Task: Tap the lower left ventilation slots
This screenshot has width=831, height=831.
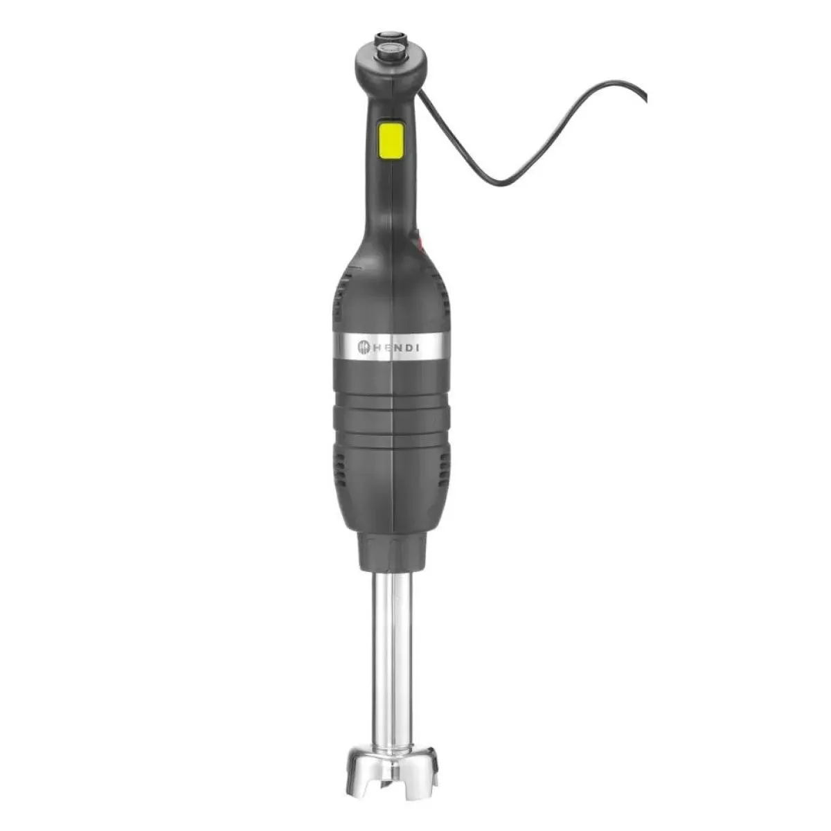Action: (x=341, y=464)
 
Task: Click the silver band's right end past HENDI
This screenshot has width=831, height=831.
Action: (x=440, y=346)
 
